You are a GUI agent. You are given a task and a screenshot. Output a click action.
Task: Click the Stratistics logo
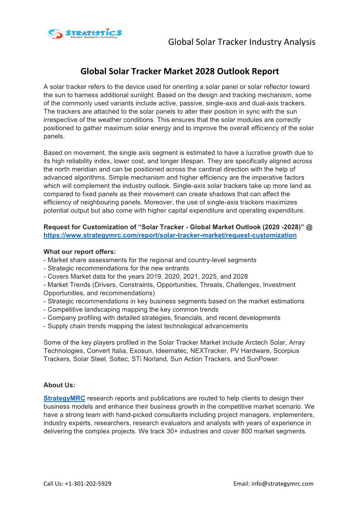click(x=85, y=33)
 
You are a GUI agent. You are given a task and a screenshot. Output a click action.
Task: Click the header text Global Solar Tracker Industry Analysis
click(x=242, y=42)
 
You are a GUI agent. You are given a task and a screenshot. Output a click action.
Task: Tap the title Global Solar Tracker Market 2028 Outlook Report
click(x=180, y=71)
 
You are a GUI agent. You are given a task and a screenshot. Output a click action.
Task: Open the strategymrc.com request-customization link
click(x=170, y=235)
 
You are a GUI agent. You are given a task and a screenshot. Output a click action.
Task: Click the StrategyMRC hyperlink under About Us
click(x=64, y=398)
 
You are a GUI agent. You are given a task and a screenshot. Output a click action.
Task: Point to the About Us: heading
click(x=59, y=385)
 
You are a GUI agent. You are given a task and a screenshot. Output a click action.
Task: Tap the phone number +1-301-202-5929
click(x=89, y=484)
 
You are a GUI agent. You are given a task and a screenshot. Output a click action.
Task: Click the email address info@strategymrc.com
click(x=287, y=484)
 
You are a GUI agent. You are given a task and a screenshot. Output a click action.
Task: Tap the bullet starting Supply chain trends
click(x=146, y=326)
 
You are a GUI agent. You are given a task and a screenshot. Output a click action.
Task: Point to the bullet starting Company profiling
click(x=162, y=318)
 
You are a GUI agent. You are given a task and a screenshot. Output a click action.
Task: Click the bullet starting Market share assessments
click(x=150, y=260)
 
